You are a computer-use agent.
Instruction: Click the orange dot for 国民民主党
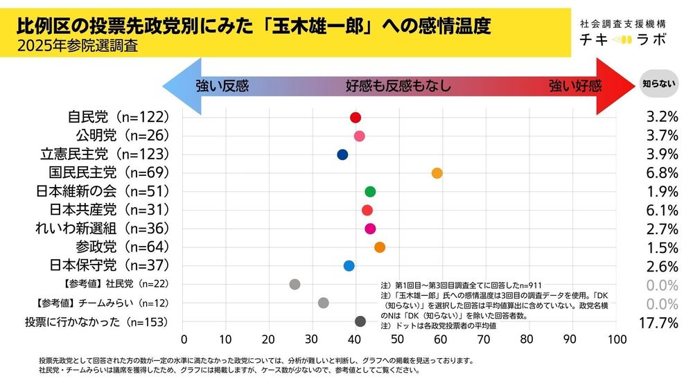click(x=437, y=173)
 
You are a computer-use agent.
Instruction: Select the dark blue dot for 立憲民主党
click(x=342, y=154)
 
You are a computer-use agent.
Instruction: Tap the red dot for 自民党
click(x=356, y=117)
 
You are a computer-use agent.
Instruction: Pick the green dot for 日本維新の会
click(x=370, y=192)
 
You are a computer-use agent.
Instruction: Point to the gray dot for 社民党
click(x=295, y=284)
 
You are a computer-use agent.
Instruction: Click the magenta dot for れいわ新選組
click(x=370, y=229)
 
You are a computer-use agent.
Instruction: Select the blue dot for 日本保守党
click(x=349, y=266)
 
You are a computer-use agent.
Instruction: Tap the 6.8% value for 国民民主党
click(x=660, y=172)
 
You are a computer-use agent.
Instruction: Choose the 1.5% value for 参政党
click(x=660, y=247)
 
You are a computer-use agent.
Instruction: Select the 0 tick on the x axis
click(x=184, y=339)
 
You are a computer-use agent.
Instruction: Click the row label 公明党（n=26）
click(x=122, y=134)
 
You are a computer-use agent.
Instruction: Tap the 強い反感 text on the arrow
click(x=222, y=87)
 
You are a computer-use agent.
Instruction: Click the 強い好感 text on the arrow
click(x=575, y=87)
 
